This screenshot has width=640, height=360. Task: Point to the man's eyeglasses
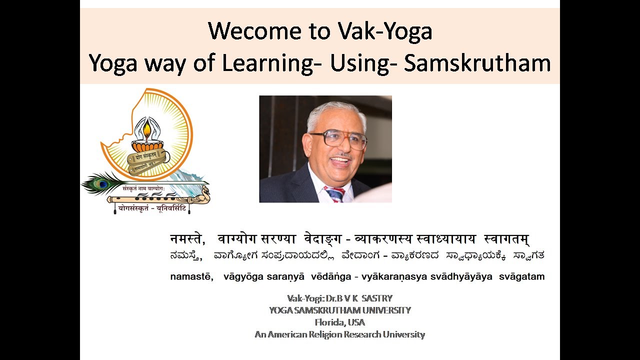(x=338, y=139)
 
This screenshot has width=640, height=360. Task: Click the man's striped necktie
(x=334, y=193)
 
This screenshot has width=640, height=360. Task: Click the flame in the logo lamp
(x=147, y=130)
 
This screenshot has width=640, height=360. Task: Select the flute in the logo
(x=150, y=199)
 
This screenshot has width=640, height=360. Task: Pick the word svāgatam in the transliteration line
(x=521, y=276)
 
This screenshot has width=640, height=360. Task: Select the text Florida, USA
(x=339, y=322)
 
